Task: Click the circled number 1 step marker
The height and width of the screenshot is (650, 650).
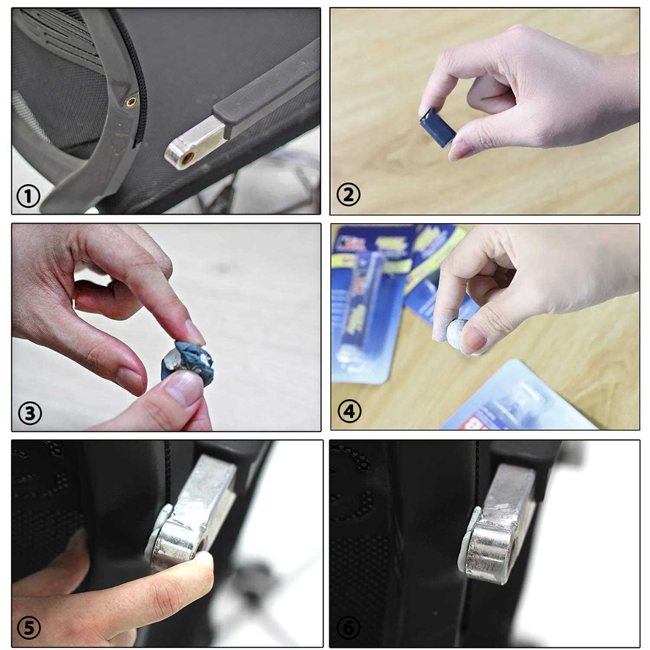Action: click(29, 197)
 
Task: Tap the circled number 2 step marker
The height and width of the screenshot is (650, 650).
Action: click(348, 195)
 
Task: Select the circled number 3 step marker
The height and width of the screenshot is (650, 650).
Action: click(29, 413)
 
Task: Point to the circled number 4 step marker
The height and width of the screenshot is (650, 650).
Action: click(349, 411)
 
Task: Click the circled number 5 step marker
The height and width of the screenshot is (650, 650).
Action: click(29, 627)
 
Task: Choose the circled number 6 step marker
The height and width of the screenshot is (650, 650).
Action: click(348, 627)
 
